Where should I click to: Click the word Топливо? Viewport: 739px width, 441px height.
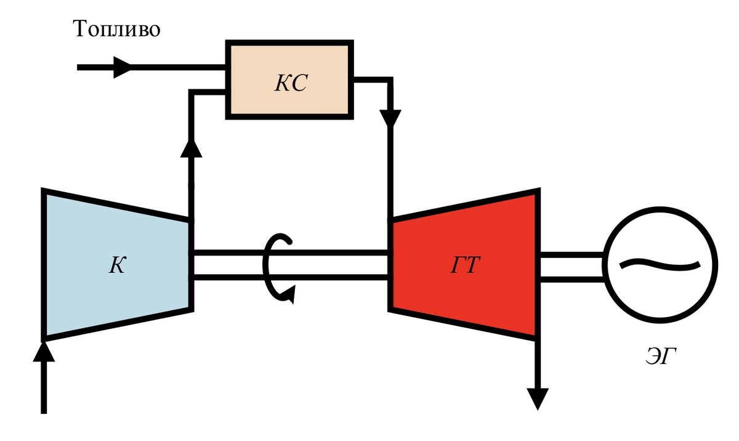click(116, 29)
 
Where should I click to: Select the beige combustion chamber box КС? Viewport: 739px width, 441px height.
click(289, 79)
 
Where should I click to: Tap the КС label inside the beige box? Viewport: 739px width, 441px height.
click(291, 83)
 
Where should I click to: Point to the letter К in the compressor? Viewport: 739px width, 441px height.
click(117, 265)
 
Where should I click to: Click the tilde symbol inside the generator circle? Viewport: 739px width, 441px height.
click(660, 264)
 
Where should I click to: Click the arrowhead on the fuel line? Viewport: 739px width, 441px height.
click(123, 67)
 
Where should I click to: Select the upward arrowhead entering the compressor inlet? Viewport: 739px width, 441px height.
click(44, 352)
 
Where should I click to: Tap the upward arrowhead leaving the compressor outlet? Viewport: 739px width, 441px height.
click(191, 148)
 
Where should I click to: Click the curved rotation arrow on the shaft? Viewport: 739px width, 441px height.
click(278, 269)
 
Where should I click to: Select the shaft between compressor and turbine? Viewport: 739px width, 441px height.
click(291, 265)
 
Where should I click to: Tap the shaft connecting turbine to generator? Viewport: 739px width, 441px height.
click(571, 267)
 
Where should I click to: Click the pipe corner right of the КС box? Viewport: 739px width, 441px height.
click(390, 80)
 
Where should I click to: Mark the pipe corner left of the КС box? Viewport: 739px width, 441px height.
click(191, 92)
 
